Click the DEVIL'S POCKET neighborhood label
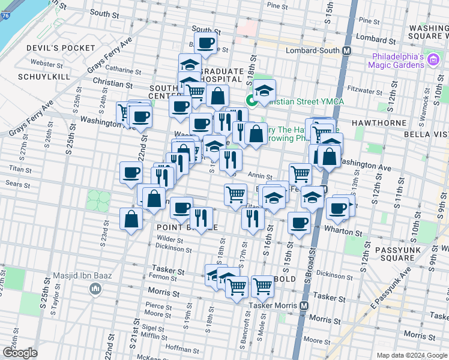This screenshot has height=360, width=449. click(x=60, y=48)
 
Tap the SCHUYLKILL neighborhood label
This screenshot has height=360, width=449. click(x=44, y=77)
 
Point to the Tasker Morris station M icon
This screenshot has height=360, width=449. click(x=304, y=305)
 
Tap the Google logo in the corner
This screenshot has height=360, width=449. click(x=20, y=353)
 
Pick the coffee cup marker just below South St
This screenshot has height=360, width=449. click(x=205, y=43)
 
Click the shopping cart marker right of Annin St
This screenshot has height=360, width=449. click(x=300, y=174)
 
